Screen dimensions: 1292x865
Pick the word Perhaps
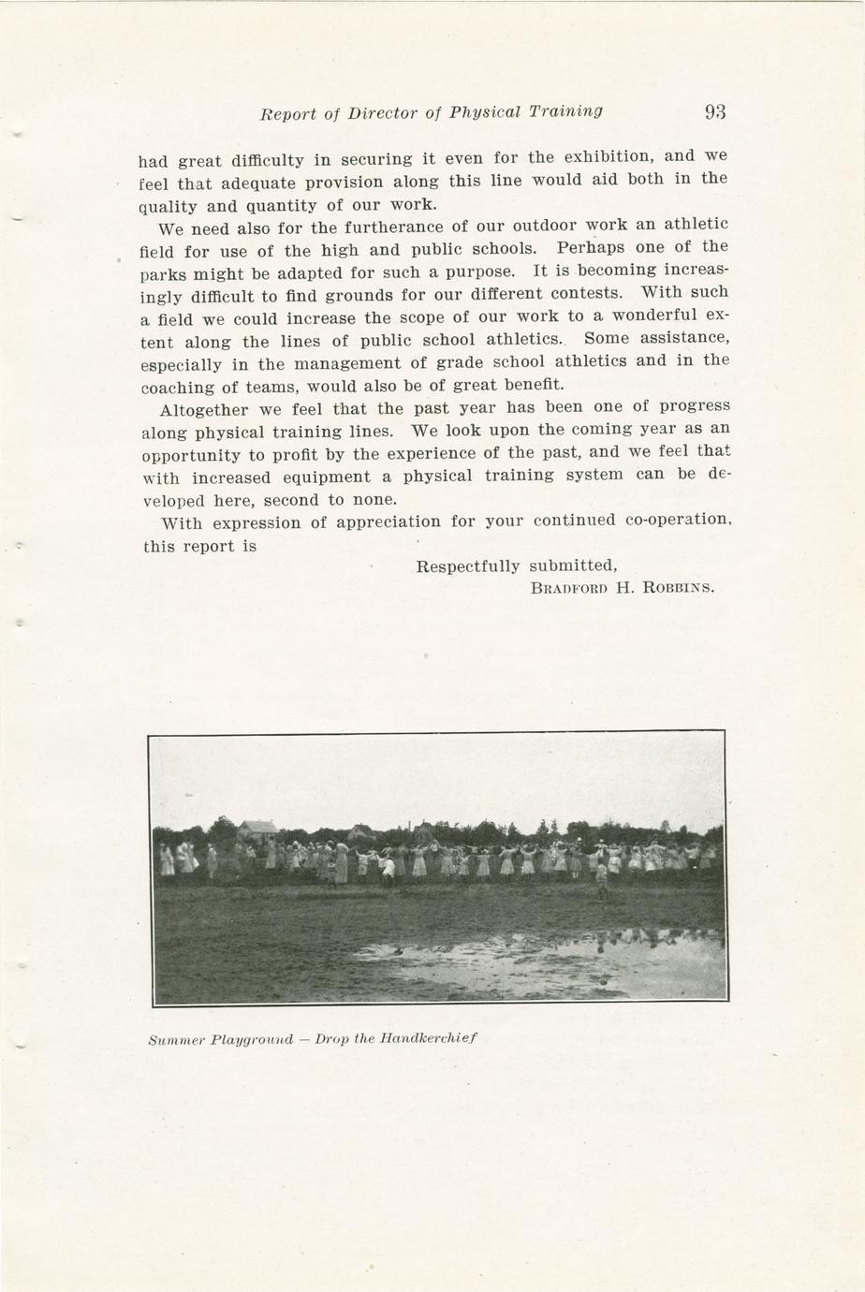591,249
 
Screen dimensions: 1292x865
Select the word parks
164,273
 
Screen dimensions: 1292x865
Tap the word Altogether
204,409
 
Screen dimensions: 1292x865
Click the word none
375,499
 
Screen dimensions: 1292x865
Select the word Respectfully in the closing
468,566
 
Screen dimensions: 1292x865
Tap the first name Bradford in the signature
570,589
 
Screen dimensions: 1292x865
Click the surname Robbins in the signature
678,589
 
